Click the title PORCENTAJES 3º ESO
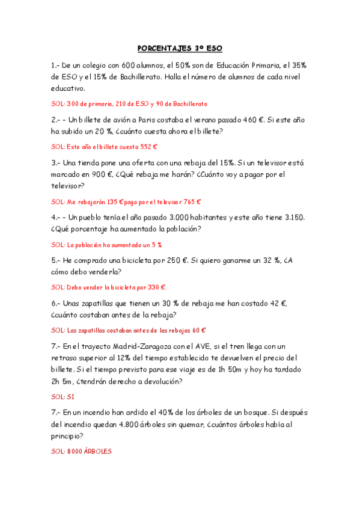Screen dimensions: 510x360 [180, 48]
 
